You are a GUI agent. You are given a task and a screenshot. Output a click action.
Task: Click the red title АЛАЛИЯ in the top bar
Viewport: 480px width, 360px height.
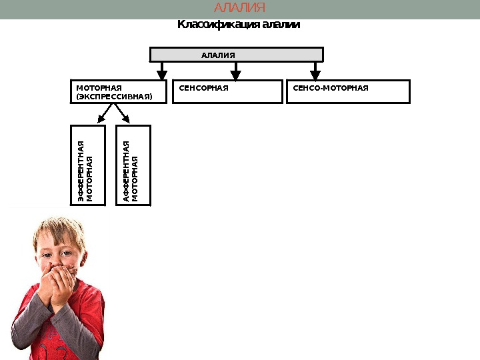pos(239,8)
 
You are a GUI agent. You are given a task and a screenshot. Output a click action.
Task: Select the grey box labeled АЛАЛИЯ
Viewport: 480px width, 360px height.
pos(236,55)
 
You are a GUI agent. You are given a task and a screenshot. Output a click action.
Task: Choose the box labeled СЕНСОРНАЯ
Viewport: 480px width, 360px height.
pos(227,92)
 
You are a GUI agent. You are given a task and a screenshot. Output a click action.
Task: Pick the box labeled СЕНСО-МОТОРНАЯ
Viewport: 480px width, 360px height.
pos(347,92)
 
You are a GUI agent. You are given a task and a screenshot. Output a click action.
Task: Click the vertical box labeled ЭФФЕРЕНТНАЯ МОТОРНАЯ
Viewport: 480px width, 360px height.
pos(89,165)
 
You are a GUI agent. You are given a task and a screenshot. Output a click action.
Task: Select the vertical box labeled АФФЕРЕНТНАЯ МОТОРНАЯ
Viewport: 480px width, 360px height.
pos(133,165)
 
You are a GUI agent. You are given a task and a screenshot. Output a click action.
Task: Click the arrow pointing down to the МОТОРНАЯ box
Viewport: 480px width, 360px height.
pos(161,71)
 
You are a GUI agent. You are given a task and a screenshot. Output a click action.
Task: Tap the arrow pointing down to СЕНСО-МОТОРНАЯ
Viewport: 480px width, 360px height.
pos(315,71)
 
